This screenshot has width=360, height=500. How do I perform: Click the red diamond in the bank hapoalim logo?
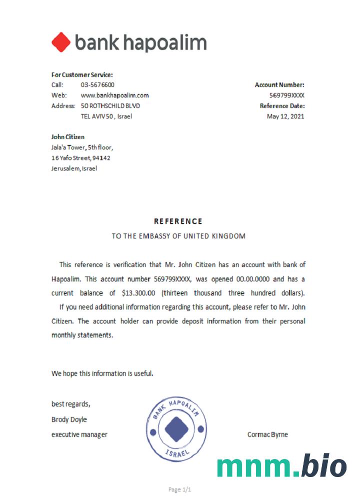pos(61,42)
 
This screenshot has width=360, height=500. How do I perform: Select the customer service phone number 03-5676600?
pos(97,85)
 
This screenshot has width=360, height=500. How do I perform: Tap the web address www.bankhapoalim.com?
pos(115,95)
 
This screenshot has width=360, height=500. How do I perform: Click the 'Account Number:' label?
pos(279,85)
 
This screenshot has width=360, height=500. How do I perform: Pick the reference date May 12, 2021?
pos(285,116)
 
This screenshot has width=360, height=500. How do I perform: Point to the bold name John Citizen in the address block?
pos(68,136)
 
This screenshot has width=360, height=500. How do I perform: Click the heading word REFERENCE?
pos(178,221)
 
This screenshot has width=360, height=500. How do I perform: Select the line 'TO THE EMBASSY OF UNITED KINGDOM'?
pos(178,236)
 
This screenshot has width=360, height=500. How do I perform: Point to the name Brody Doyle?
pos(69,419)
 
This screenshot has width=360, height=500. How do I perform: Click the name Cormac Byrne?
pos(267,434)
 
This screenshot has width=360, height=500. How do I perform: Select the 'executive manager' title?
pos(79,434)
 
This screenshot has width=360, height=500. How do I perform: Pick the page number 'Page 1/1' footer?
pos(180,489)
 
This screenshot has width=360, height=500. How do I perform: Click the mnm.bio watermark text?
pos(281,466)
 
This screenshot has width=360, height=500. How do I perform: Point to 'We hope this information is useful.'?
pos(102,373)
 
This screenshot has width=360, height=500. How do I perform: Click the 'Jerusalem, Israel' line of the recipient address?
pos(74,168)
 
